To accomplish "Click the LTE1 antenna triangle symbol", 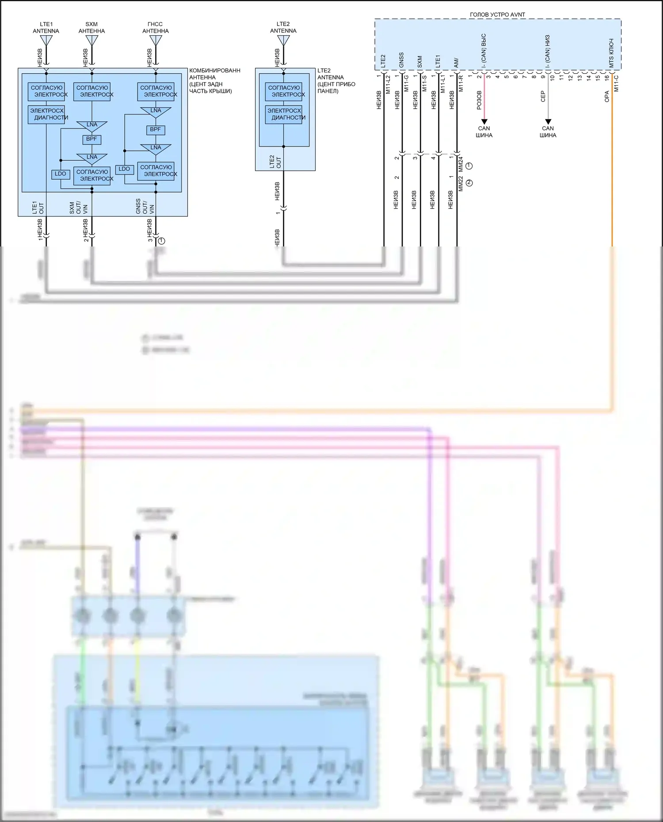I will pos(46,41).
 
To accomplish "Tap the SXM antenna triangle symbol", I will pos(91,41).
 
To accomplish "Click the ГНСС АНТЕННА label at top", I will pos(155,27).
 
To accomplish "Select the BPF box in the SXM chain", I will pos(91,139).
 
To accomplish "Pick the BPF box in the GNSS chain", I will pos(155,130).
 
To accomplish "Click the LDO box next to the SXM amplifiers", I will pos(61,174).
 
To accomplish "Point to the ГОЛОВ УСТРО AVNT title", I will pos(497,15).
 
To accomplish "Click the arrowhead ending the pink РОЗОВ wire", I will pos(484,121).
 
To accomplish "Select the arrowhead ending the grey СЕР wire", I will pos(548,121).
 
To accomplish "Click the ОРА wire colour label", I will pos(607,97).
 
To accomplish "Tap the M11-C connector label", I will pos(617,83).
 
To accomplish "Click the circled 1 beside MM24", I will pos(469,166).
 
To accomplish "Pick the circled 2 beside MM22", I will pos(469,182).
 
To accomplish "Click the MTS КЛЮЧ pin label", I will pos(611,53).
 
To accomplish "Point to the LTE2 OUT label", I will pos(275,162).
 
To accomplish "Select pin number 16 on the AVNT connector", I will pos(607,77).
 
